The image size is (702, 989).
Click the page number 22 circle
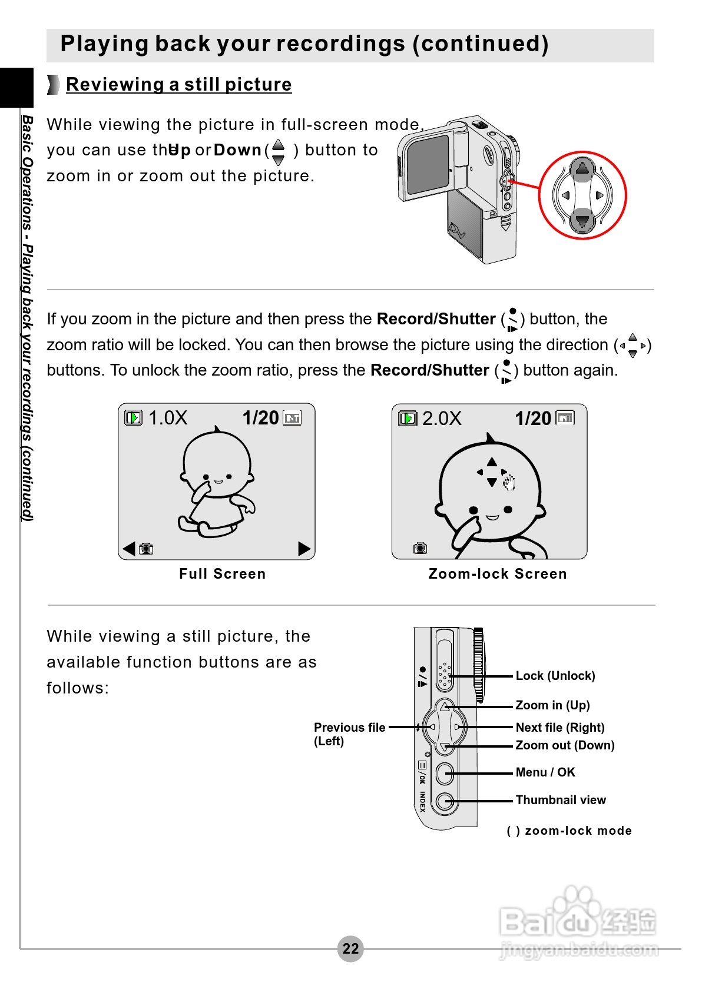(350, 948)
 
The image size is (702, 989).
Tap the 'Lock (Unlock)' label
(555, 676)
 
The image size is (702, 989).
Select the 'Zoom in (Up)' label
(552, 705)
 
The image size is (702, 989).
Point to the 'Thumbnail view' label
(561, 800)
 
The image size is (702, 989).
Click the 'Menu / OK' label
(545, 772)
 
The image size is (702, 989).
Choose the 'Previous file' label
(349, 728)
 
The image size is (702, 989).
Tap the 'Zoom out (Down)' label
(565, 745)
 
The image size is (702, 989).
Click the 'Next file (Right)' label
(559, 728)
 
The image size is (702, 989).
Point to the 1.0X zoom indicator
(168, 418)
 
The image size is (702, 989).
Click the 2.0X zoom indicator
(442, 419)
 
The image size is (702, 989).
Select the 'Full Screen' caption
(223, 574)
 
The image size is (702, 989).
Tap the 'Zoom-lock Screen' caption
(498, 574)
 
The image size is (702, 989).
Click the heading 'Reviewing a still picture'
(178, 85)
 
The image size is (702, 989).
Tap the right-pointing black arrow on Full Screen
(304, 549)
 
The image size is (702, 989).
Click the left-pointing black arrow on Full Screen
(129, 549)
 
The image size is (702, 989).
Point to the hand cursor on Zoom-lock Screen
(509, 483)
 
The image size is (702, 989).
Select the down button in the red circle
(582, 221)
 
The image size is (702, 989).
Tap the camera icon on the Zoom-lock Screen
(420, 548)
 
